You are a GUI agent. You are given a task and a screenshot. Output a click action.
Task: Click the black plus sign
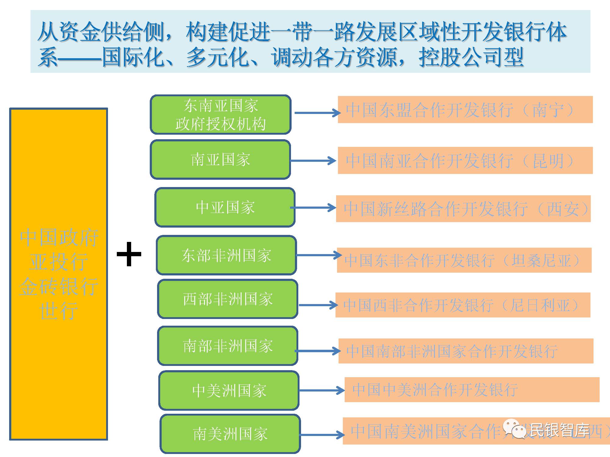coord(129,254)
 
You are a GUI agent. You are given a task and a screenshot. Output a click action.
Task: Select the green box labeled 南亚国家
coord(220,160)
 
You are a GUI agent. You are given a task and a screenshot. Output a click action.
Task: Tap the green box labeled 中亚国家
coord(225,207)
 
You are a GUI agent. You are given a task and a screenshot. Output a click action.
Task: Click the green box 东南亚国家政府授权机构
coord(221,115)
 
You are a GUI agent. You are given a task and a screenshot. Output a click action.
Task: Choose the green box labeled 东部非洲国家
coord(226,255)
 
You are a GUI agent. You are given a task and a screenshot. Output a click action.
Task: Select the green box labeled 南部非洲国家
coord(228,346)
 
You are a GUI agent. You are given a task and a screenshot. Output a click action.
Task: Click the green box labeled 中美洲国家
coord(229,391)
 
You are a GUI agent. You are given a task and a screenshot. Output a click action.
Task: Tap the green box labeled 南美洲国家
coord(230,434)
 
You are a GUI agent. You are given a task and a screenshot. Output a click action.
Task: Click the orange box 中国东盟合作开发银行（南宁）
coord(465,110)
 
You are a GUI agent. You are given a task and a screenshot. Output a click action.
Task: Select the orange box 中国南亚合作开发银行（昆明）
coord(465,161)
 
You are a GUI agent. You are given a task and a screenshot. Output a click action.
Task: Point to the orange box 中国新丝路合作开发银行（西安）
coord(463,209)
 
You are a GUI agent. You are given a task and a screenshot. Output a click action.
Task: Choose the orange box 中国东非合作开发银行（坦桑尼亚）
coord(464,260)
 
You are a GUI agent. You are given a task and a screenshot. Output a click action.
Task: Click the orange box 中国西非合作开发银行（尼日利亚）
coord(463,305)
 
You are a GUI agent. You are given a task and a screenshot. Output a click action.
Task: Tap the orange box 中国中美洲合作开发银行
coord(472,390)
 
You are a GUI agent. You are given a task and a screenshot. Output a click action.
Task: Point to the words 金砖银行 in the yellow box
coord(59,286)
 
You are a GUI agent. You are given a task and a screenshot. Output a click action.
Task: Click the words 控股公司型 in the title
coord(471,57)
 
